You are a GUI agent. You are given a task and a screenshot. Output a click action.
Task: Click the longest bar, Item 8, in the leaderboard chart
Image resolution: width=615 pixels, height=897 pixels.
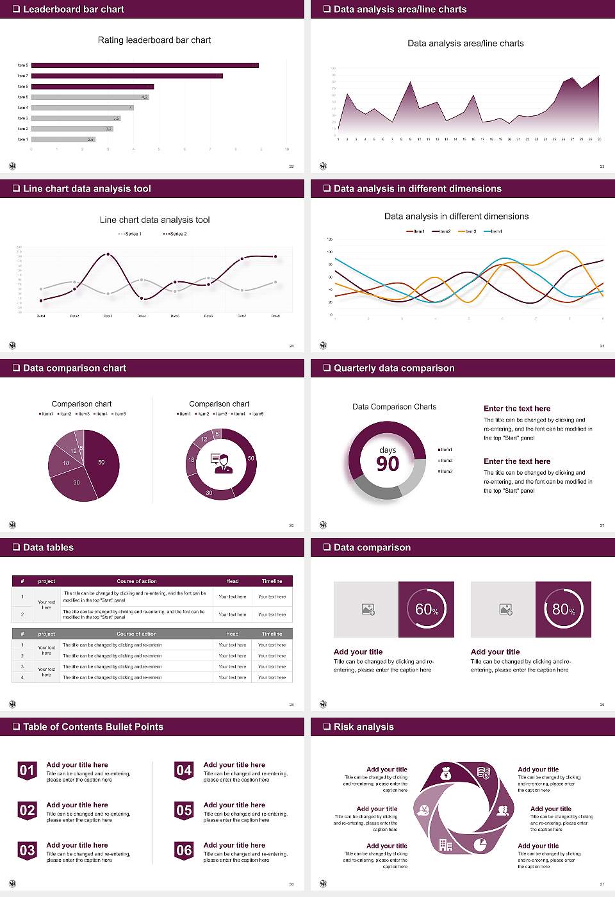coord(145,65)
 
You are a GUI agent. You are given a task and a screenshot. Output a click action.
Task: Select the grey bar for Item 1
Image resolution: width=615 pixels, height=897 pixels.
coord(63,139)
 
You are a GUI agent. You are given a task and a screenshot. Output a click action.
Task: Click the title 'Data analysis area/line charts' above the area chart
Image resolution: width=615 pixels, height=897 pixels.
coord(465,44)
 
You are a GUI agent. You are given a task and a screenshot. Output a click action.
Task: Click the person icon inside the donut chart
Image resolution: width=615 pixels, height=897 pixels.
coord(222,463)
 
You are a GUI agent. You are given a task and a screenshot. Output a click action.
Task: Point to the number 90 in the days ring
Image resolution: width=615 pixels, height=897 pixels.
coord(388,464)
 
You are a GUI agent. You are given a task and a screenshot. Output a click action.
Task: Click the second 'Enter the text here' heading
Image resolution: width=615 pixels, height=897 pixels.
coord(517,461)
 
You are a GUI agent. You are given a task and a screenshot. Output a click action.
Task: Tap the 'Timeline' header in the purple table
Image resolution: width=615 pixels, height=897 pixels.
coord(272,581)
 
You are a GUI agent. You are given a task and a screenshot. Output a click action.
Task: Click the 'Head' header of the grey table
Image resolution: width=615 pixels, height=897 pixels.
coord(232,634)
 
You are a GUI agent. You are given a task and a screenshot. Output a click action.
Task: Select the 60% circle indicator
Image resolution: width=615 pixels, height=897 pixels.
coord(426,609)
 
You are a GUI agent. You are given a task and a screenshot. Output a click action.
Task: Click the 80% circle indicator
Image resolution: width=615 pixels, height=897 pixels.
coord(563,609)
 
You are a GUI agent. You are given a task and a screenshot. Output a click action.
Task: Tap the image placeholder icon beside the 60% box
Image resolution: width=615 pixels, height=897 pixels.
coord(368,609)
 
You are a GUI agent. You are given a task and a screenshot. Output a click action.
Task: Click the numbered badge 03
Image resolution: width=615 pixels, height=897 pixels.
coord(27,850)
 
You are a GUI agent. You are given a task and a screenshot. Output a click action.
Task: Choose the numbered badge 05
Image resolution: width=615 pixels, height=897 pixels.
coord(184,811)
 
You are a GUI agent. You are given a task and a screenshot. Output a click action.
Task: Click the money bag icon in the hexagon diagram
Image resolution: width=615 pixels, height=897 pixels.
coord(447,775)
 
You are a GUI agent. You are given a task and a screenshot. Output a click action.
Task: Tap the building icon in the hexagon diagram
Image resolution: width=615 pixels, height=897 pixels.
coord(446,844)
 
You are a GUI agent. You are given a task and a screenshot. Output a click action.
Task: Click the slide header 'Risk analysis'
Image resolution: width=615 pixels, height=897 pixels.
coord(363,727)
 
